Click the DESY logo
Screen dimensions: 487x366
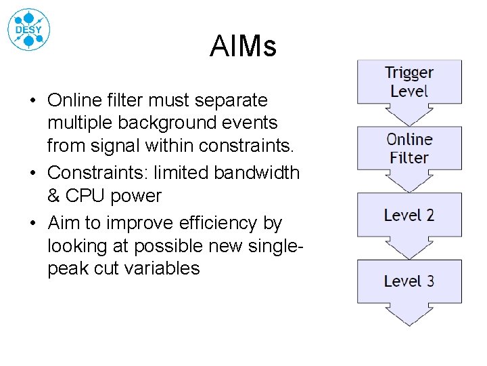point(28,29)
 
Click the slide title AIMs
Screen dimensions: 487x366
point(243,47)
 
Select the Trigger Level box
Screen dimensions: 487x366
point(409,82)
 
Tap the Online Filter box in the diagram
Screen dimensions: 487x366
point(409,148)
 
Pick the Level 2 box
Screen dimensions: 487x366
point(409,216)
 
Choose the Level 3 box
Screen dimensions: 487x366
point(409,281)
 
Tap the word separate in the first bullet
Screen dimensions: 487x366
point(231,100)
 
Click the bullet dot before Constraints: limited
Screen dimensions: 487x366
point(32,173)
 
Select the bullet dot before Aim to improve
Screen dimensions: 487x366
point(32,224)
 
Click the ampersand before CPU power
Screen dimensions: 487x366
point(54,196)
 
